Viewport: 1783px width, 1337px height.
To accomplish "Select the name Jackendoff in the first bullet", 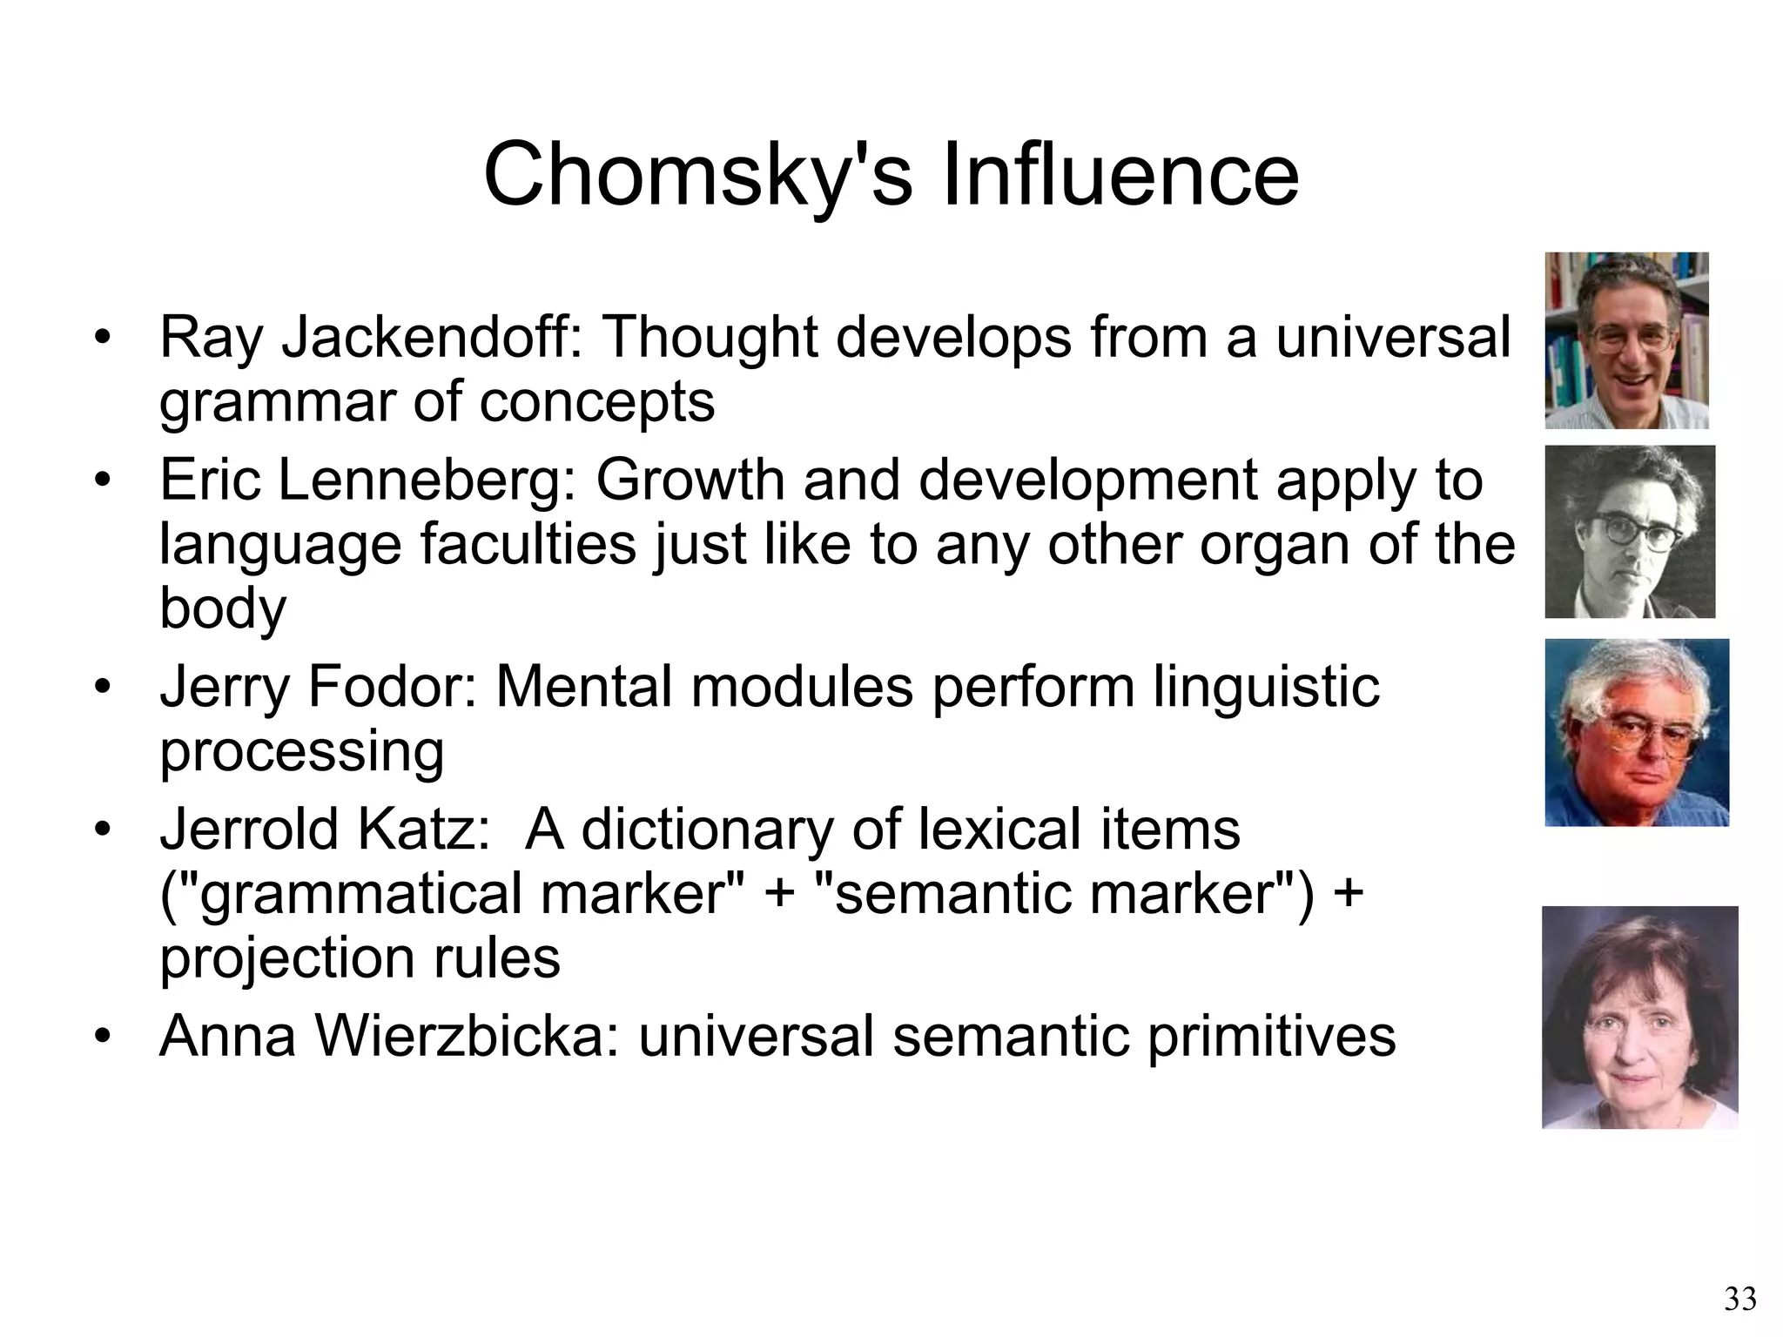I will (432, 338).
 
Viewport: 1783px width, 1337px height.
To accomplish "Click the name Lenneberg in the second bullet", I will (427, 480).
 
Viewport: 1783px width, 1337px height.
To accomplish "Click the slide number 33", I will (1740, 1300).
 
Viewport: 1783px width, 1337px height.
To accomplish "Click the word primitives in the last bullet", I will (1271, 1036).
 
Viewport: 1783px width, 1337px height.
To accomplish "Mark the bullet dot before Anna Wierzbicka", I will (104, 1038).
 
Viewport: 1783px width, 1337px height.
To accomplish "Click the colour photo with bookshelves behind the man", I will (1626, 340).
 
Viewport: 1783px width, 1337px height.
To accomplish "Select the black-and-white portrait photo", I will (1630, 532).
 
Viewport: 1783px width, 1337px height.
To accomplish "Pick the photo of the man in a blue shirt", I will (1637, 732).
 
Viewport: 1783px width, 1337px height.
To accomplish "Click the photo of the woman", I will (1639, 1018).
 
